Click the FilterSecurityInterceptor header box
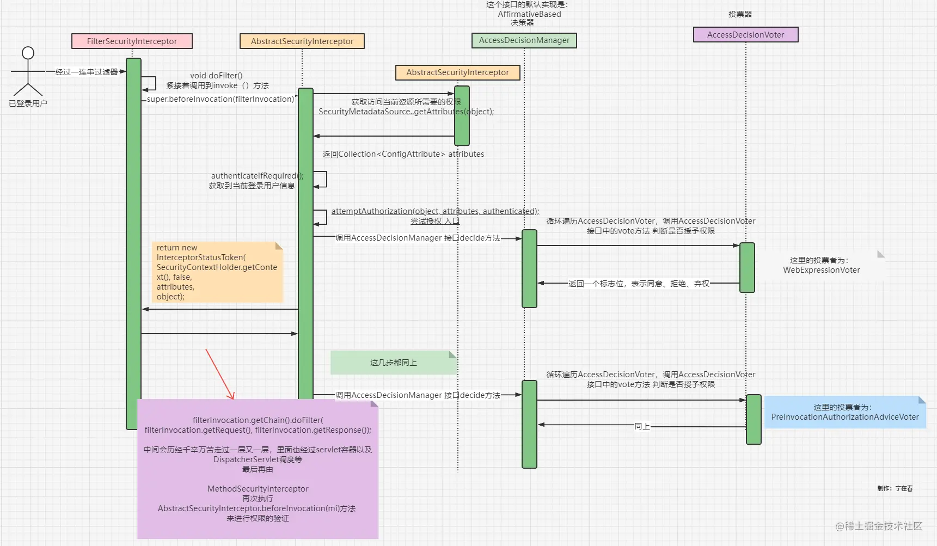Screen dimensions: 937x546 coord(132,41)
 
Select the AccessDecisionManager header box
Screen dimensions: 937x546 coord(524,40)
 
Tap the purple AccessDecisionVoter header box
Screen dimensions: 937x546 coord(746,35)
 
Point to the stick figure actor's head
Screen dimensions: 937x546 coord(28,53)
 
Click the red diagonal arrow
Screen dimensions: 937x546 coord(220,374)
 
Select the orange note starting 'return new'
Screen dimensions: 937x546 coord(218,272)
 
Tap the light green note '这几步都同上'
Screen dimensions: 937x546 coord(394,363)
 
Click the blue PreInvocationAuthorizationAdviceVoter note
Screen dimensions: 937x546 coord(845,412)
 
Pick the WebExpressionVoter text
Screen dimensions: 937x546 coord(822,270)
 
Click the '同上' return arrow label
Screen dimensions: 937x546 coord(642,426)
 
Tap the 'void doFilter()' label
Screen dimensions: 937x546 coord(216,76)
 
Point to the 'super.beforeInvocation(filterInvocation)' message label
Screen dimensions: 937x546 coord(221,99)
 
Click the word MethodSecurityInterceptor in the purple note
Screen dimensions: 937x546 coord(258,489)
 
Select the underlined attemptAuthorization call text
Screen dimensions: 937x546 coord(435,211)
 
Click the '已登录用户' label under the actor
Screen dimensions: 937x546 coord(28,103)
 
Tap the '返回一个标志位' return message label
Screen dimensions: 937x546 coord(639,284)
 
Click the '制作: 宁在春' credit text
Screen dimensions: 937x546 coord(895,488)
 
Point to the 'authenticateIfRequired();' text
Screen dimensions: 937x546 coord(258,176)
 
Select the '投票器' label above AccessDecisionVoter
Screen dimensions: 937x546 coord(740,14)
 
